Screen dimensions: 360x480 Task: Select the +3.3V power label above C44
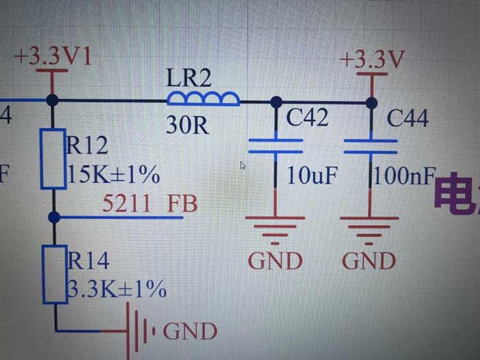coord(371,60)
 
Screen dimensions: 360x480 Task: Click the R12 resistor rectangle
coord(53,158)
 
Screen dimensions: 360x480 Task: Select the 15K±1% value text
coord(113,176)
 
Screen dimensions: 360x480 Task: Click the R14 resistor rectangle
coord(53,274)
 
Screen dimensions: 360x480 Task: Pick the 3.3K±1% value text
coord(116,289)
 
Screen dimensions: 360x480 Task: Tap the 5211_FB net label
coord(149,203)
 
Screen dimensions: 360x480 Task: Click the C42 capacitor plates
coord(275,145)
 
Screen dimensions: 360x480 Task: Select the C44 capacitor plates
coord(370,145)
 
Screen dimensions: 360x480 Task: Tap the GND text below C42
coord(275,261)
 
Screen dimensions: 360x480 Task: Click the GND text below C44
coord(369,261)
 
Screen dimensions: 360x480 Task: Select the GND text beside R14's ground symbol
coord(190,332)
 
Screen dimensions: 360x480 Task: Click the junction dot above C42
coord(276,102)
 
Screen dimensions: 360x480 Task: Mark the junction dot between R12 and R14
coord(53,217)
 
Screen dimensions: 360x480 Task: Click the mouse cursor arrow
coord(242,165)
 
